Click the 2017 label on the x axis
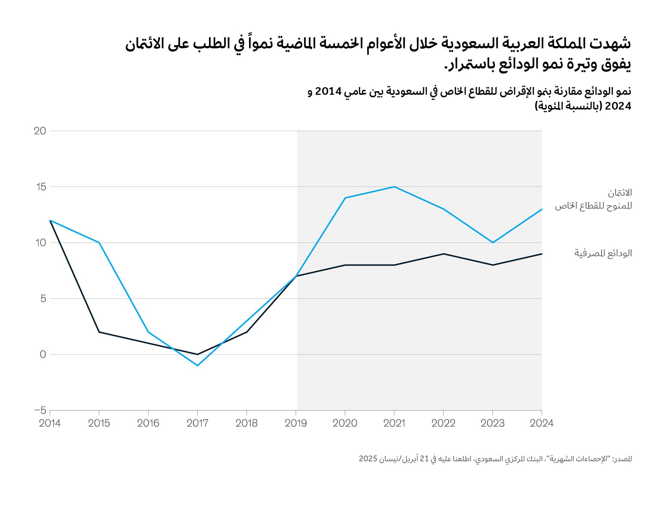[197, 423]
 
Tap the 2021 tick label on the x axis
[394, 423]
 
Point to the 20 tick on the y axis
[40, 131]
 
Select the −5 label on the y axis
[40, 410]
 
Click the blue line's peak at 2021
[394, 187]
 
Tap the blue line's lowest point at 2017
[197, 365]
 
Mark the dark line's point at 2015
[99, 332]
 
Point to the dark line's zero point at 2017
[197, 354]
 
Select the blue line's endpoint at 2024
[541, 209]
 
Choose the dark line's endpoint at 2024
[541, 254]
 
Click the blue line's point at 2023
[493, 243]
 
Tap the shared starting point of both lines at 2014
[50, 220]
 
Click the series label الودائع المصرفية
[603, 253]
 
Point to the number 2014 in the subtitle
[328, 92]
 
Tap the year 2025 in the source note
[368, 459]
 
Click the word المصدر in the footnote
[623, 459]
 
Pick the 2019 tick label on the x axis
[296, 423]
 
